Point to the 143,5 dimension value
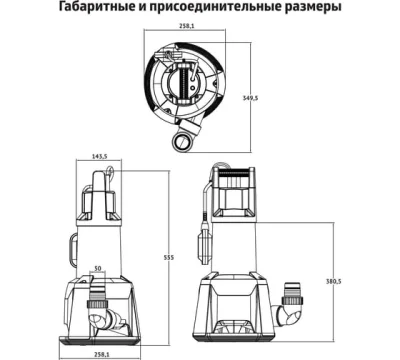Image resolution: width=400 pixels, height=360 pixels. coord(98,158)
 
